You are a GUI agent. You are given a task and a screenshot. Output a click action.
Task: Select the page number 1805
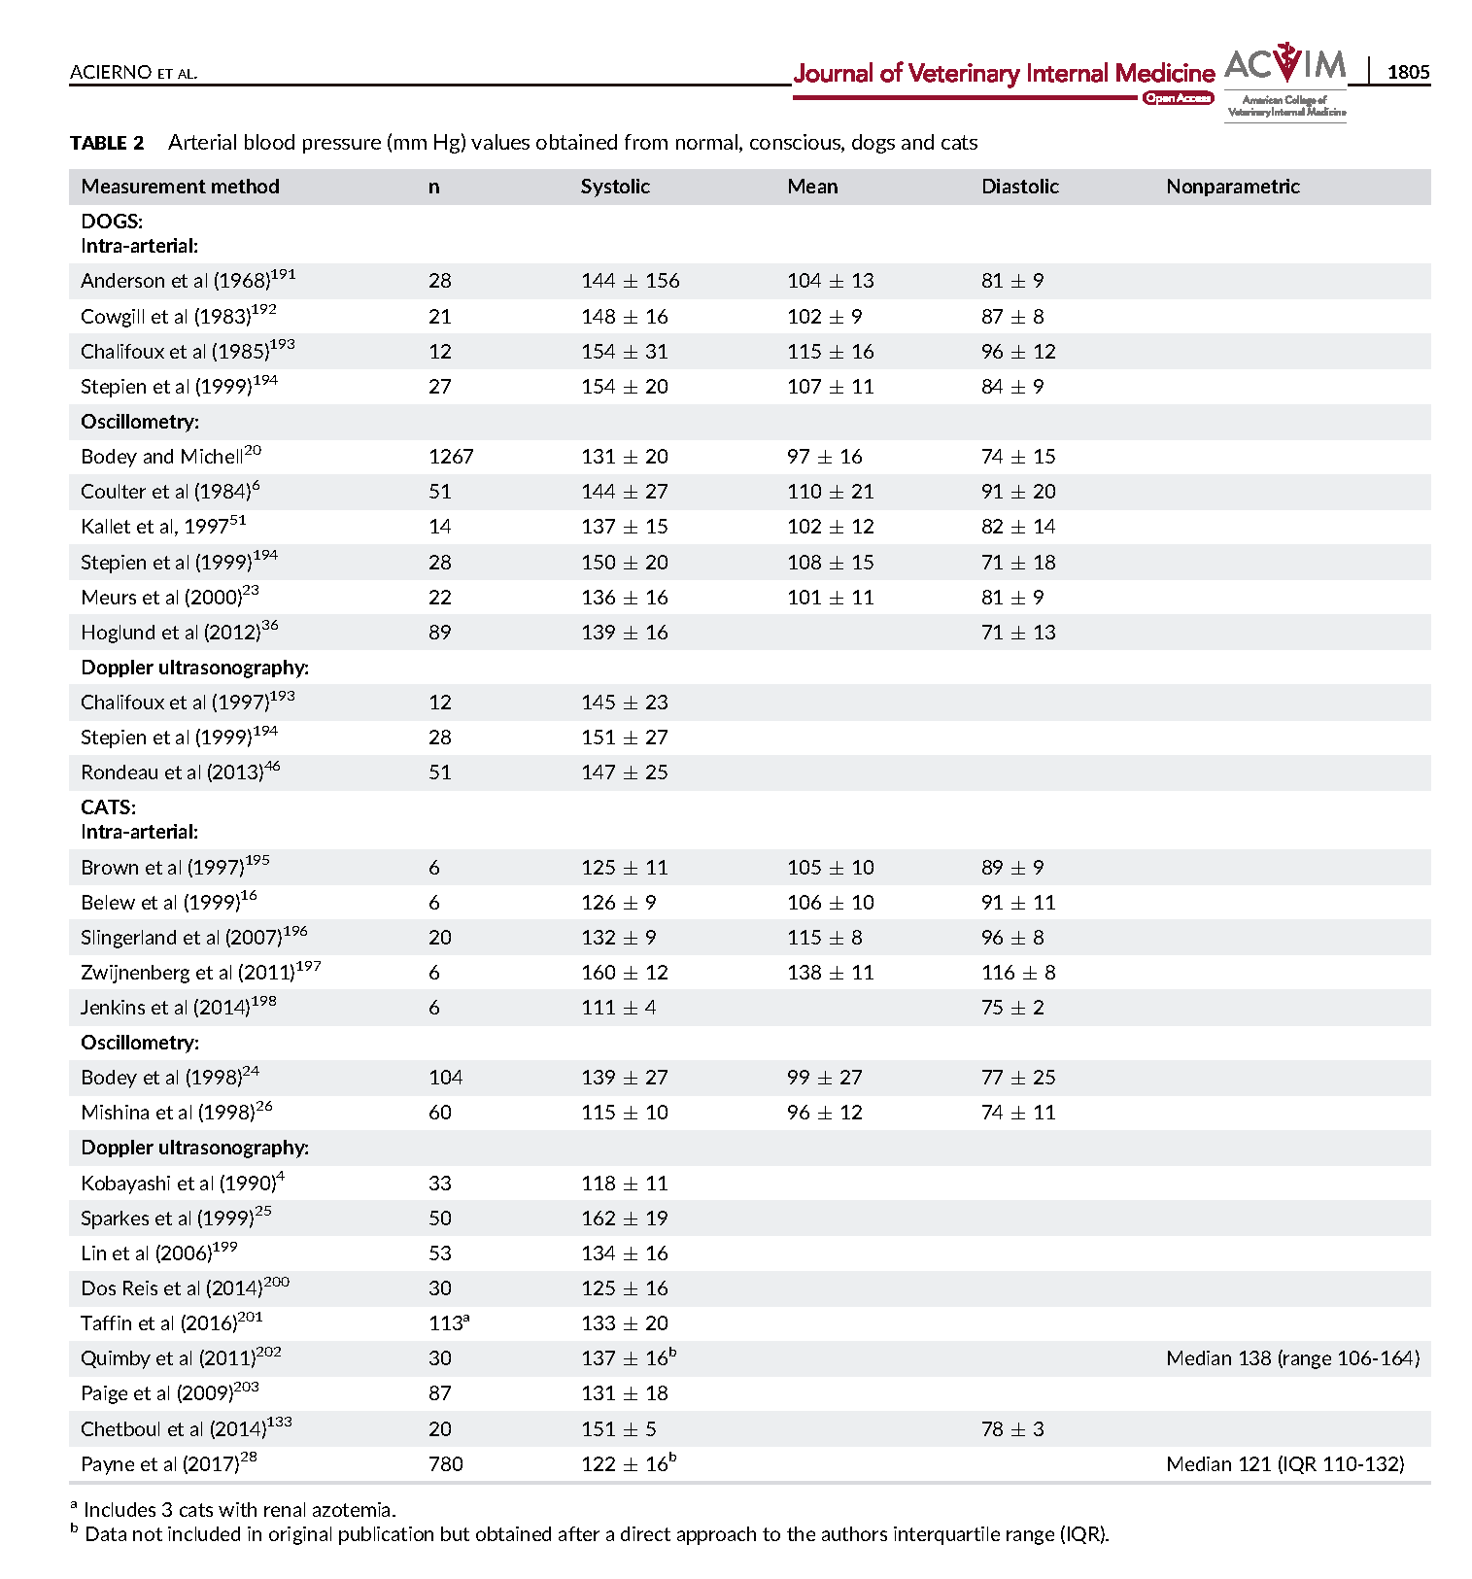tap(1408, 72)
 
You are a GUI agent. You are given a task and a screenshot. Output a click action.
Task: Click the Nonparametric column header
tap(1232, 187)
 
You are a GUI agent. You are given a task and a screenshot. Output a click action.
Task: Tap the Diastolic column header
tap(1019, 187)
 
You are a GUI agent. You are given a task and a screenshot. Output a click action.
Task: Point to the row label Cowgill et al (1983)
tap(179, 316)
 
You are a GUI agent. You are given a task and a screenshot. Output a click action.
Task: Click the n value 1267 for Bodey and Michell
tap(451, 457)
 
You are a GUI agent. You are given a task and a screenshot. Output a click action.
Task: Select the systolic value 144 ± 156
tap(630, 281)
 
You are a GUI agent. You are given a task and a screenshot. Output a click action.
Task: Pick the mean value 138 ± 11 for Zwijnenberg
tap(830, 973)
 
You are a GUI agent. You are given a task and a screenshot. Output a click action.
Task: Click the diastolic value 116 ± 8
tap(1017, 973)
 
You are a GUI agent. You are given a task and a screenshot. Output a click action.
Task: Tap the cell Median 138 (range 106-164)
tap(1292, 1358)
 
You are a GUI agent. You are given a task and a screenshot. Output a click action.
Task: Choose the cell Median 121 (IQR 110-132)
tap(1284, 1464)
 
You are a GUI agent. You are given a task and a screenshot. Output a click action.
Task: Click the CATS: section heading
tap(109, 807)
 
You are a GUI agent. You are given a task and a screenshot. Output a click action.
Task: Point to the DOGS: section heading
tap(112, 222)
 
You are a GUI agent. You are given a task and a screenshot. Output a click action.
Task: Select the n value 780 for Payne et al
tap(446, 1464)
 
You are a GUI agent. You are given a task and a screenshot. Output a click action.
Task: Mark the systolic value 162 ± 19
tap(625, 1219)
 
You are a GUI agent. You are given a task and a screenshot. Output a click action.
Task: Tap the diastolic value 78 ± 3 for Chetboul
tap(1012, 1429)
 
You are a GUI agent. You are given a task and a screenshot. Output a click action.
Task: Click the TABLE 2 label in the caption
tap(107, 143)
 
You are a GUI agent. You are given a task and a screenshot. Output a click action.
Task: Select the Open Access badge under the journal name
tap(1178, 98)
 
